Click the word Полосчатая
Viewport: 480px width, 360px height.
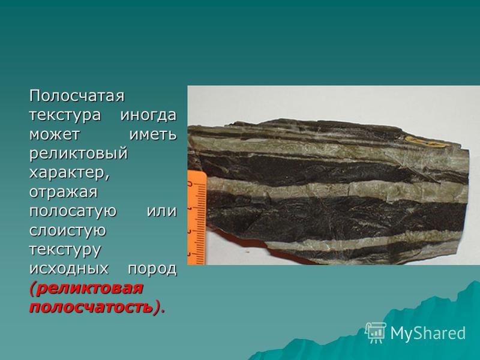click(x=77, y=96)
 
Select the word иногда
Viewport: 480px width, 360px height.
click(x=148, y=115)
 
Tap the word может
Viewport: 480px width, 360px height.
click(x=55, y=134)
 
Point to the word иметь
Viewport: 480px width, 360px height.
click(x=154, y=134)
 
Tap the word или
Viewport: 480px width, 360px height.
click(x=162, y=212)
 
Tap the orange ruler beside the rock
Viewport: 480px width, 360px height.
click(x=197, y=218)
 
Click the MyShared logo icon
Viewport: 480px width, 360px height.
click(x=376, y=333)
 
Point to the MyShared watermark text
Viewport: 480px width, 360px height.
click(x=428, y=333)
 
